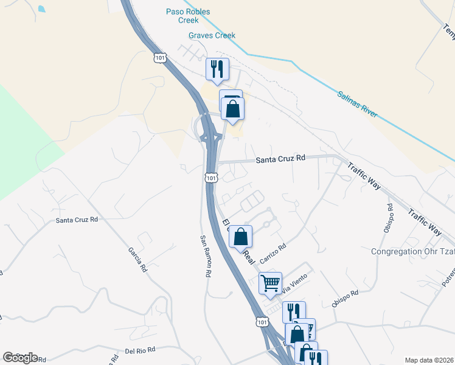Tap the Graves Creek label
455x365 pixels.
212,36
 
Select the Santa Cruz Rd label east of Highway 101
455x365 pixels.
280,159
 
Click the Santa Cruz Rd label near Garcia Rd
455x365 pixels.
77,220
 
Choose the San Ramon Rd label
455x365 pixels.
205,255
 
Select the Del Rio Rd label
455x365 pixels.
141,350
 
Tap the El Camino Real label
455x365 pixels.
238,240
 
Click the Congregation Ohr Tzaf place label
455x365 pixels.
413,251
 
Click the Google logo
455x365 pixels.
20,358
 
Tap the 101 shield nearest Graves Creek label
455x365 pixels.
159,58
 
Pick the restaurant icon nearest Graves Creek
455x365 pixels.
217,69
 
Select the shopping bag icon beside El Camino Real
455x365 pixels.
241,236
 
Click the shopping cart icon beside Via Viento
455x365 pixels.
270,282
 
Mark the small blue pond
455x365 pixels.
41,9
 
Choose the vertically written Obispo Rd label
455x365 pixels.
390,215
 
